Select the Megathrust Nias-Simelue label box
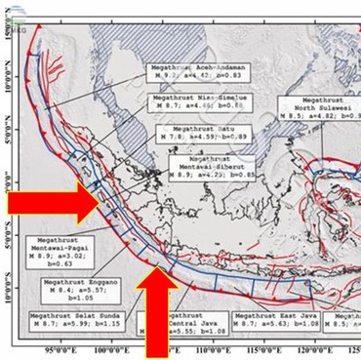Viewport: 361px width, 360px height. point(199,104)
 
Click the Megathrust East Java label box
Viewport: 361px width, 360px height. point(271,322)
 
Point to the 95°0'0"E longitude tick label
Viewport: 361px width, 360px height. point(61,349)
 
